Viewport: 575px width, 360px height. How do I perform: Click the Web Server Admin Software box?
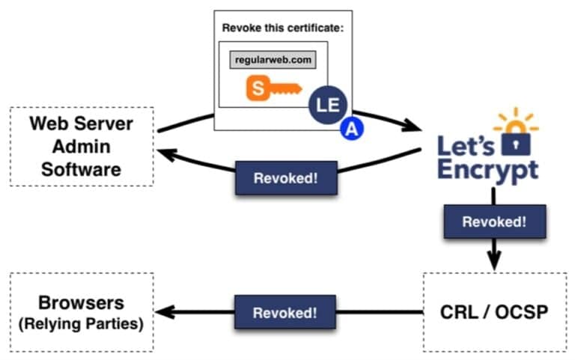tap(81, 146)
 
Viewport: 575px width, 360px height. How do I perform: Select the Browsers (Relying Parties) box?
tap(81, 311)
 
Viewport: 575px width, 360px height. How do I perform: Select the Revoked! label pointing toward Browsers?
tap(284, 312)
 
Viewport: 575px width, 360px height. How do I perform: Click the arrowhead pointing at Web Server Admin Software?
tap(164, 153)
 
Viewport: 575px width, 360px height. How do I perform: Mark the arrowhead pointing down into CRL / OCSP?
tap(493, 263)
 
